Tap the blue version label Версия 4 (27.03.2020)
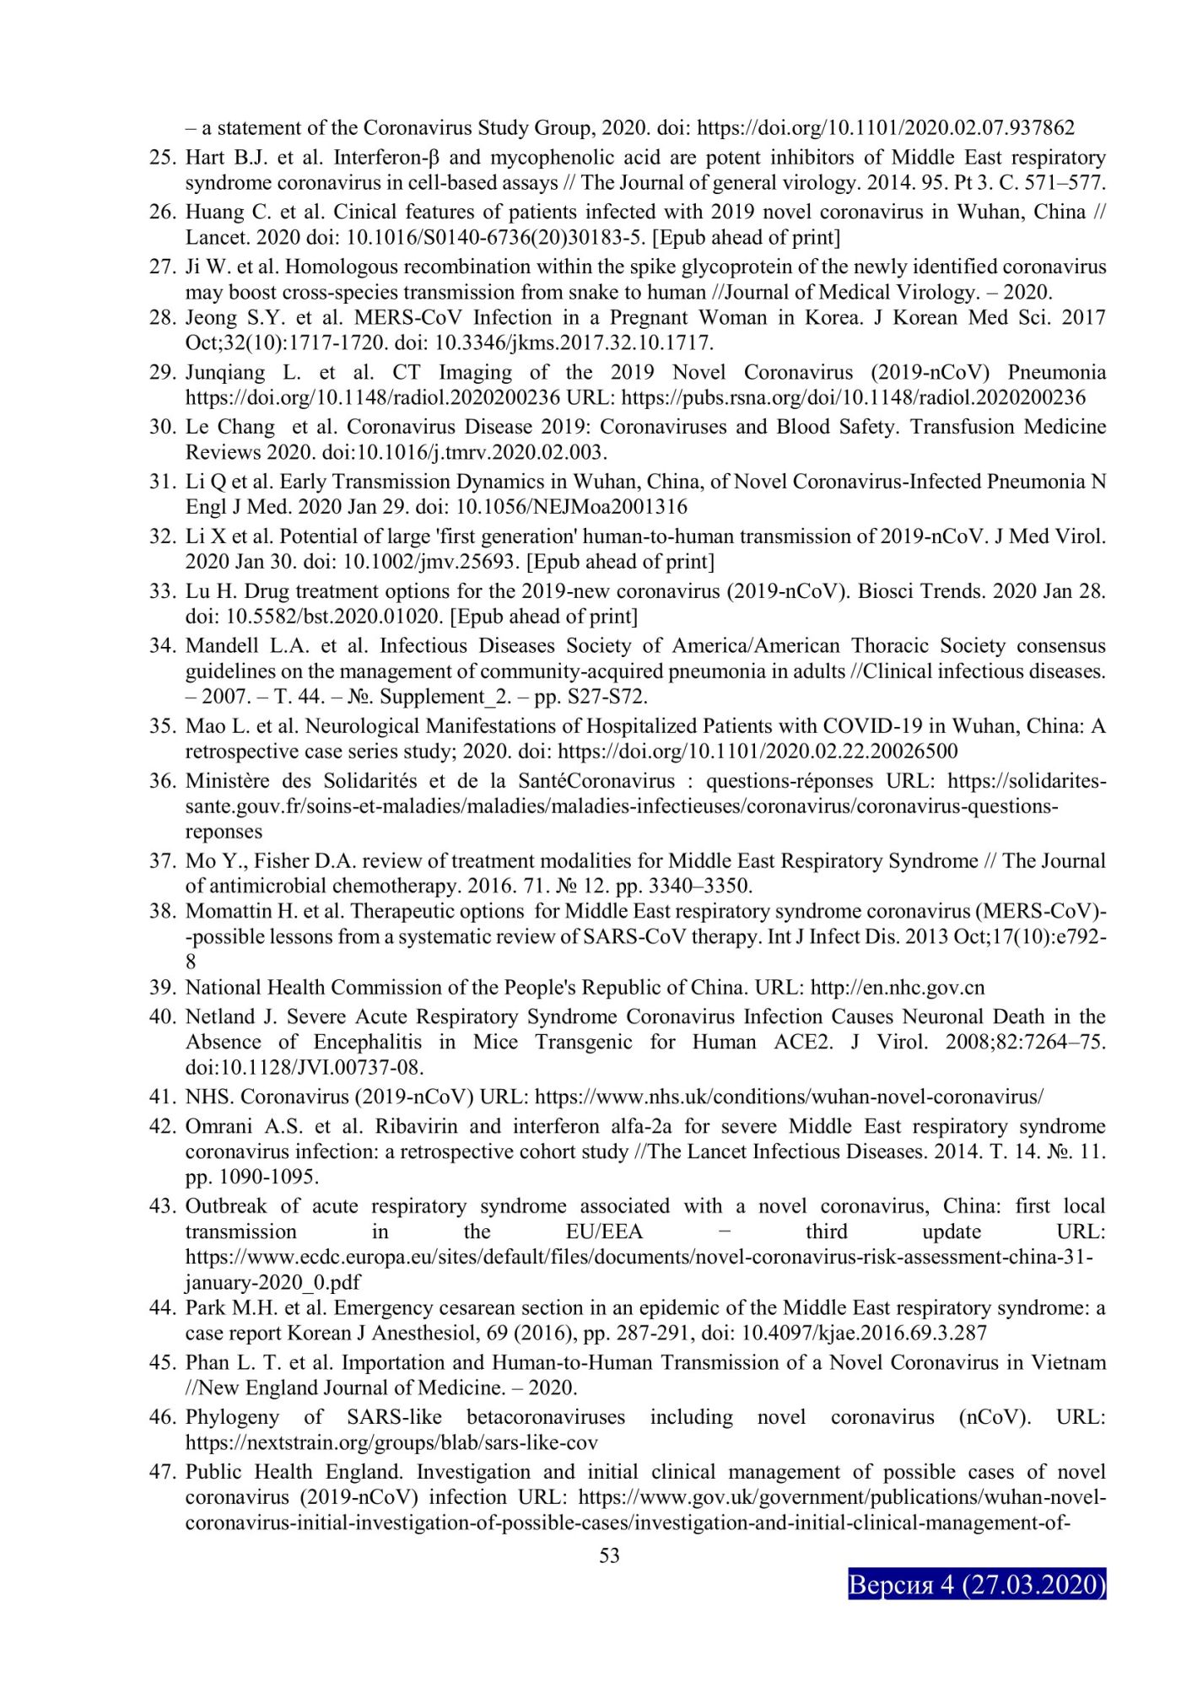(976, 1585)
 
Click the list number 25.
(161, 159)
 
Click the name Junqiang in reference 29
(224, 373)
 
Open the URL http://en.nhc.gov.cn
(897, 988)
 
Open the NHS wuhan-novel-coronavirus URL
(789, 1097)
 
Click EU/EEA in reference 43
(604, 1232)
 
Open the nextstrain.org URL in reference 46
(391, 1443)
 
